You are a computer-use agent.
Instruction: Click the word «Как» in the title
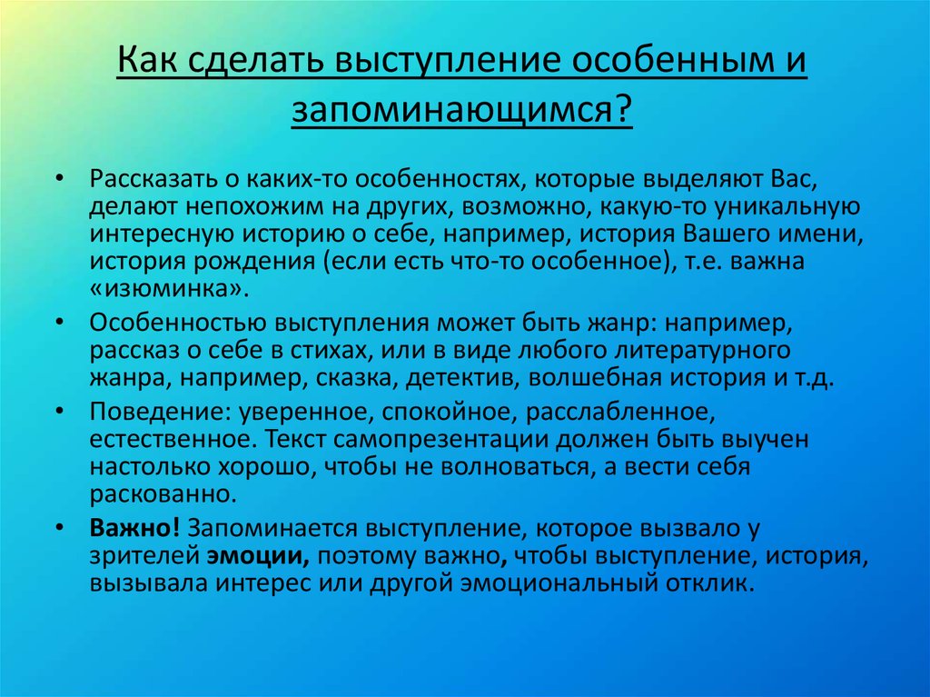[x=146, y=60]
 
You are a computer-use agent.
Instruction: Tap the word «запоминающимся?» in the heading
[x=462, y=110]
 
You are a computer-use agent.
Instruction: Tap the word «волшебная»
[x=594, y=378]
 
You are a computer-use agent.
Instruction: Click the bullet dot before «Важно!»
[x=59, y=526]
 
